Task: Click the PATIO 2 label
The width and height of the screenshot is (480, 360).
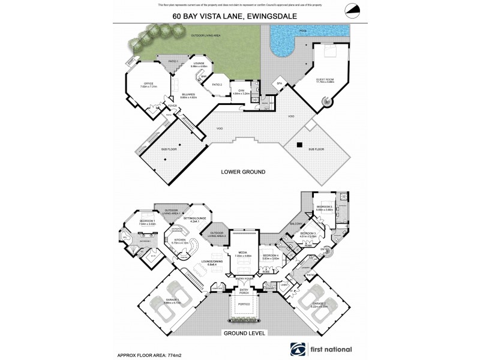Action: (x=217, y=85)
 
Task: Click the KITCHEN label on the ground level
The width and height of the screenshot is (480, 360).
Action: (x=180, y=240)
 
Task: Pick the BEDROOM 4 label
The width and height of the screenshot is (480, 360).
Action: (x=271, y=255)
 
